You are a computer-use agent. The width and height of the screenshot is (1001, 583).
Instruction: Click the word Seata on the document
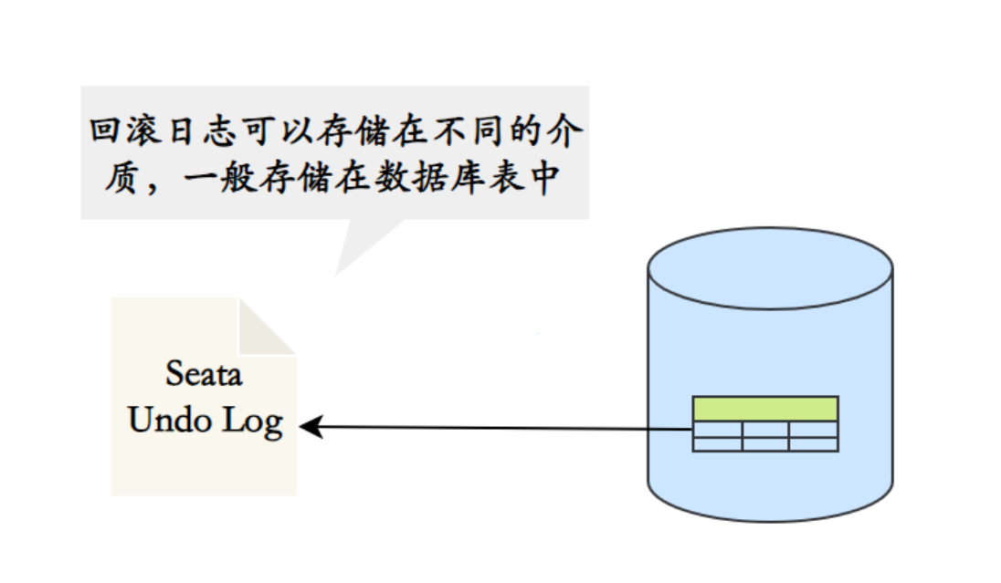tap(204, 374)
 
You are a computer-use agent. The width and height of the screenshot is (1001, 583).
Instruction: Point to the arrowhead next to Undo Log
tap(309, 426)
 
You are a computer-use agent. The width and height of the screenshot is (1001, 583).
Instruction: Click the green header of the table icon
tap(764, 408)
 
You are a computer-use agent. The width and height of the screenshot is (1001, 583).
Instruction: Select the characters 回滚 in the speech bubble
tap(127, 130)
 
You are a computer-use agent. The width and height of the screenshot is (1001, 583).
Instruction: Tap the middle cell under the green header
tap(764, 429)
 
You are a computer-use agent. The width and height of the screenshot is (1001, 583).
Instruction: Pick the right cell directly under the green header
tap(813, 429)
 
